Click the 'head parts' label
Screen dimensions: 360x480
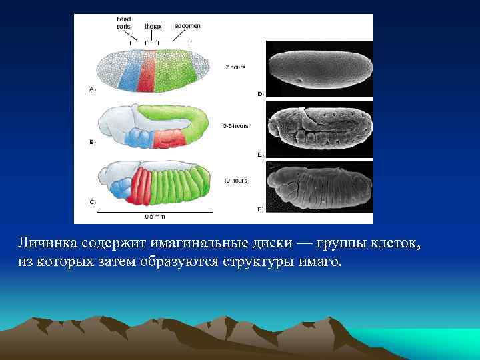click(x=123, y=23)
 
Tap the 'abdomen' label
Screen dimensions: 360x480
click(x=187, y=25)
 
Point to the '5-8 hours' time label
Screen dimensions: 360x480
click(x=235, y=125)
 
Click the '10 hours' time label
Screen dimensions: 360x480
click(x=235, y=181)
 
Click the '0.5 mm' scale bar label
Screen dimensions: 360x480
click(x=154, y=216)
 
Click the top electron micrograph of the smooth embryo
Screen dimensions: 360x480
click(x=319, y=69)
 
